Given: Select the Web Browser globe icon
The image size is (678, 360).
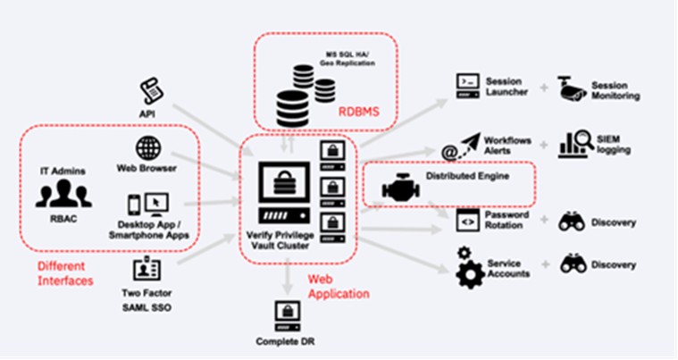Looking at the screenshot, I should click(147, 147).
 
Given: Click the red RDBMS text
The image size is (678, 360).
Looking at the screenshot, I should click(358, 113).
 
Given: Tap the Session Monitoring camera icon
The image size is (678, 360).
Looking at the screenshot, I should click(572, 87).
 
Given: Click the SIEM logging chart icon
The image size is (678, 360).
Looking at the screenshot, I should click(574, 144).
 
